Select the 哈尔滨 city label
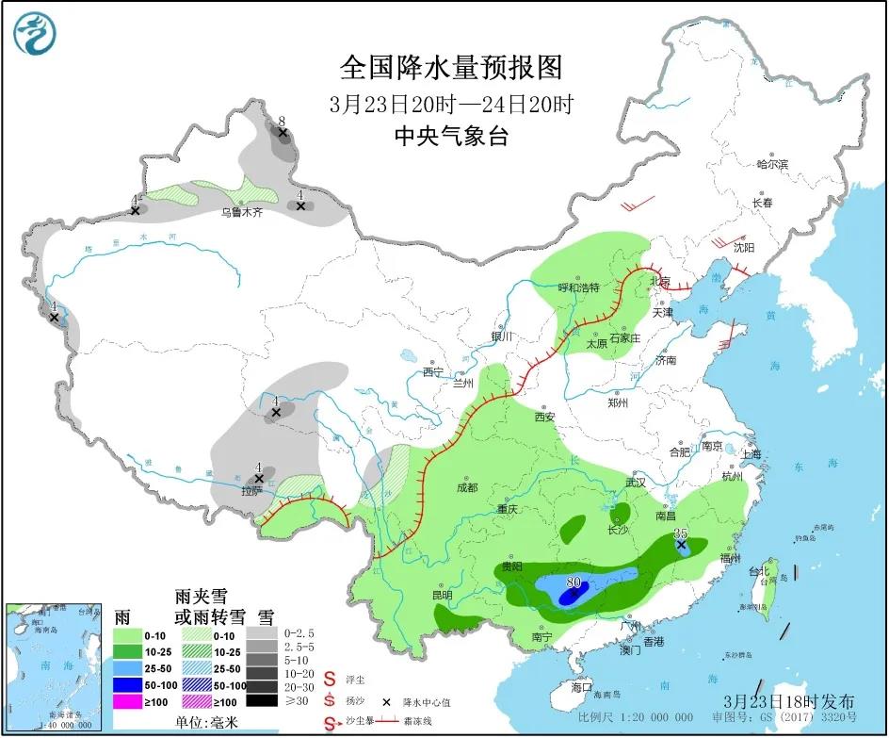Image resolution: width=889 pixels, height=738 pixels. pos(771,164)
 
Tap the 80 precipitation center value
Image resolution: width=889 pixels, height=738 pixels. pos(573,582)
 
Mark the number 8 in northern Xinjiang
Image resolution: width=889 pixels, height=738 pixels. pos(282,122)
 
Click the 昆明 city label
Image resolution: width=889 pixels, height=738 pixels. pos(442,595)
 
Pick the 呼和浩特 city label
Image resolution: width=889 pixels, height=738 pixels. pos(579,287)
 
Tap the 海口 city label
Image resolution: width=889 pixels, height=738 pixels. pos(582,687)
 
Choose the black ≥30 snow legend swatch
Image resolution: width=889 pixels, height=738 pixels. pos(265,700)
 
